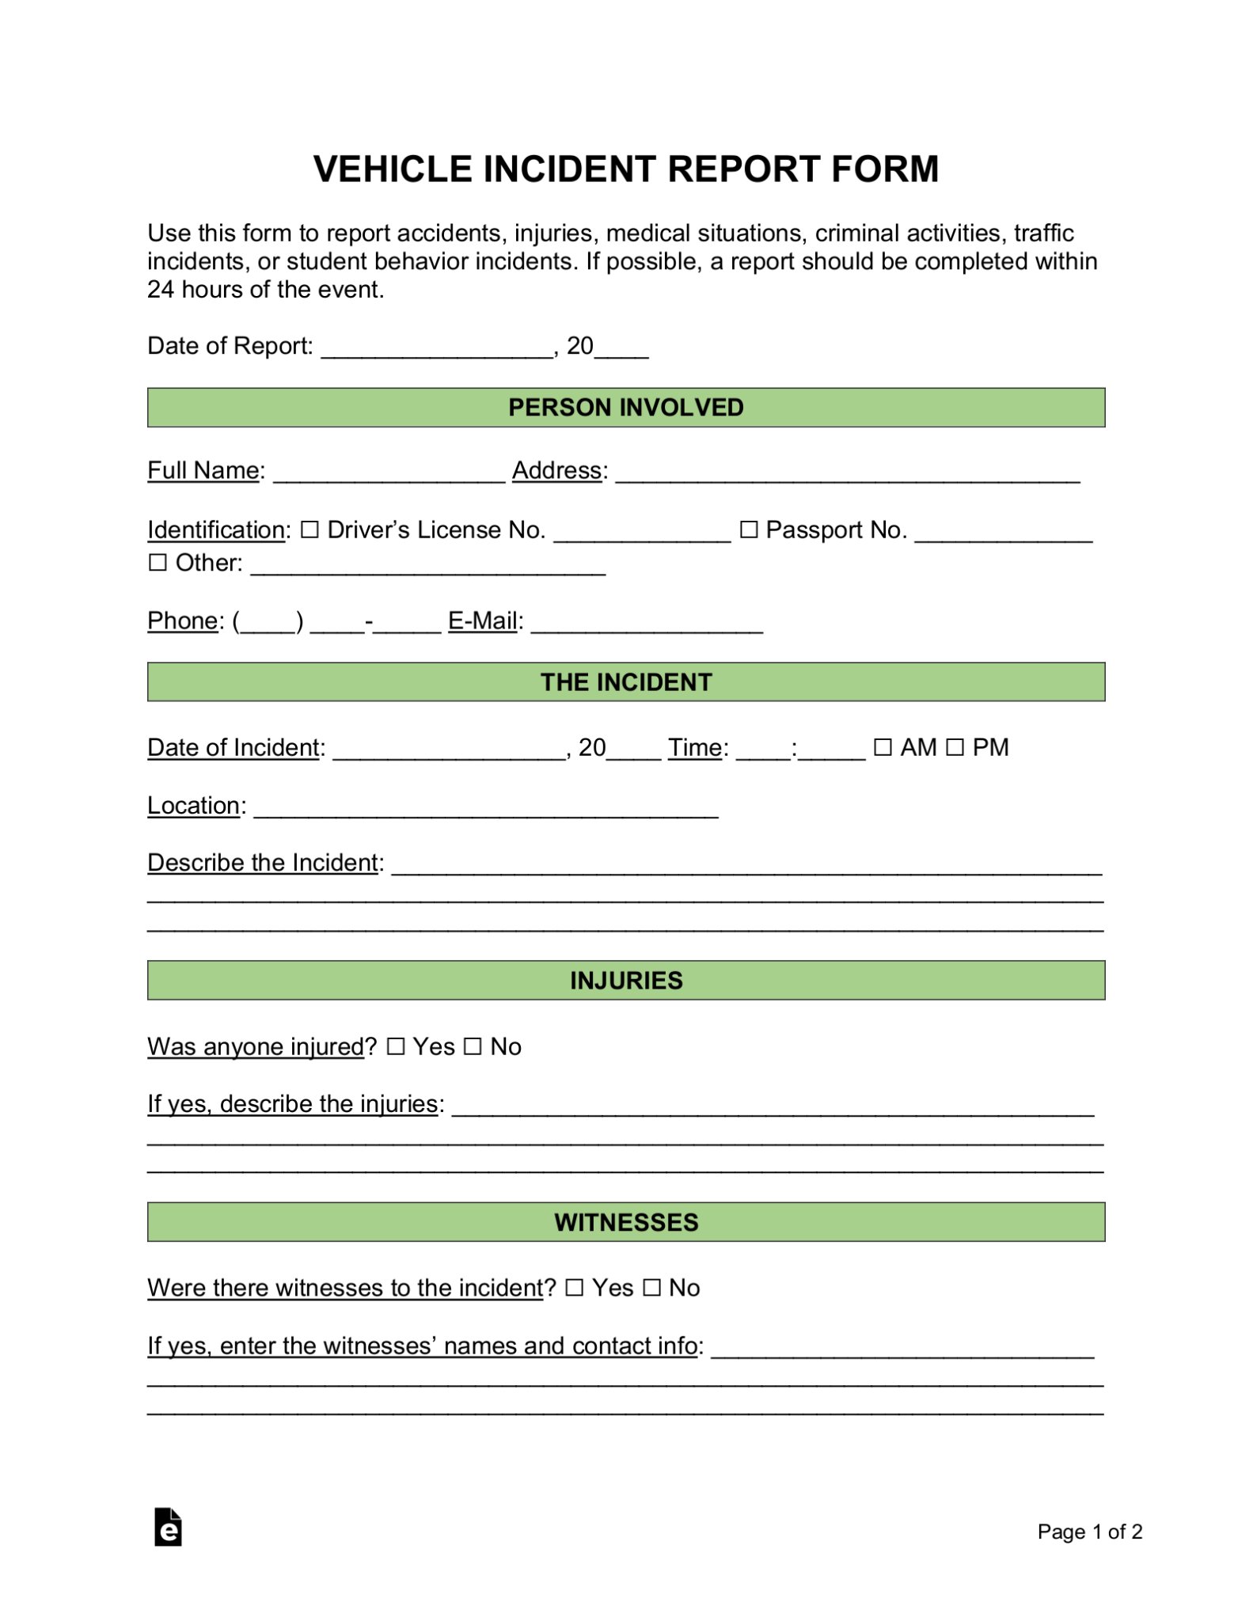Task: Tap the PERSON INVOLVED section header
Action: click(x=625, y=408)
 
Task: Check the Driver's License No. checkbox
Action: click(x=310, y=530)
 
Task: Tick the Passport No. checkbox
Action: click(x=748, y=530)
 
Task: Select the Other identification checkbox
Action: click(x=158, y=563)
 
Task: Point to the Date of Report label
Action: click(x=230, y=346)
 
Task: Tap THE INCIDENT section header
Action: click(x=625, y=682)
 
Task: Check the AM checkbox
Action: click(x=883, y=747)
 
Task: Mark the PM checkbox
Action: click(x=955, y=747)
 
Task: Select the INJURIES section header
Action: click(x=625, y=981)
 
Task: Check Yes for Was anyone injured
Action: click(x=396, y=1047)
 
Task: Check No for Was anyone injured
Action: click(x=473, y=1047)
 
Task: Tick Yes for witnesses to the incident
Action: click(x=575, y=1289)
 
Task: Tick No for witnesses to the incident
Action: click(x=651, y=1289)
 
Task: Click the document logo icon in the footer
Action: click(x=168, y=1527)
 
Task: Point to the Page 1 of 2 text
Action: click(x=1089, y=1532)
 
